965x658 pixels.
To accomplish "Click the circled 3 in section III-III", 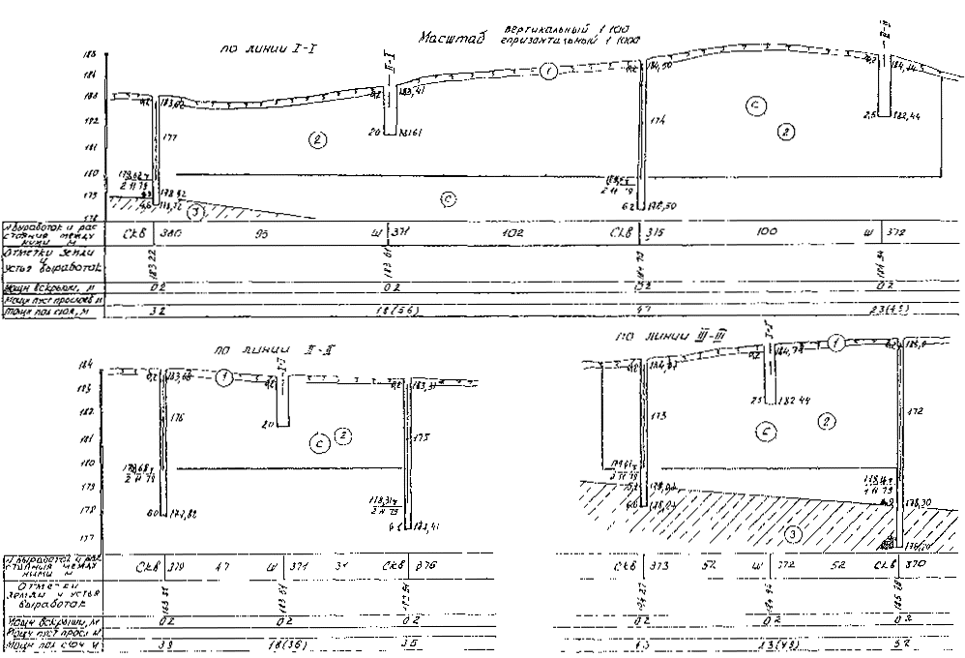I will pos(792,532).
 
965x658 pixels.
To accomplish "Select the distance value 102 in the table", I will pos(513,233).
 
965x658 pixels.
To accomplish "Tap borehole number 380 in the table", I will pos(171,233).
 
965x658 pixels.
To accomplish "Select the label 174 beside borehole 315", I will pos(658,121).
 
